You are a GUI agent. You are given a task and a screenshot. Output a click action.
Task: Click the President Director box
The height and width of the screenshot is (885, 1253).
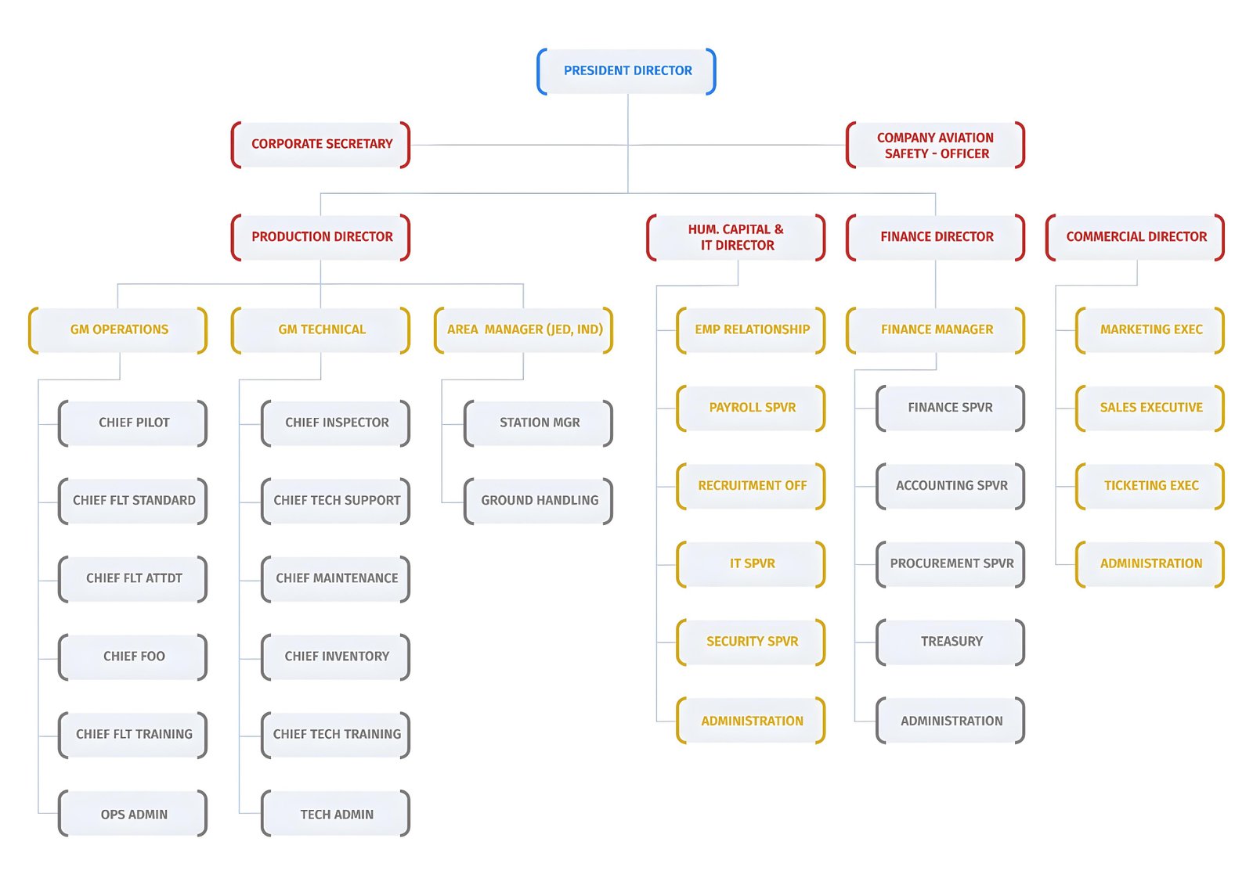[626, 71]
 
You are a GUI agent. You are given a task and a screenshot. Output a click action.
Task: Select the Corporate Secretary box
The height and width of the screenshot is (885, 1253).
[320, 144]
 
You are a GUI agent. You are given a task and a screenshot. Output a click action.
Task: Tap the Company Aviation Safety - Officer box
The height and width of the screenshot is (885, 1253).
[935, 145]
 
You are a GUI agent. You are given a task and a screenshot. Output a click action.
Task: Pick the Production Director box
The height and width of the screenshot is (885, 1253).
[320, 237]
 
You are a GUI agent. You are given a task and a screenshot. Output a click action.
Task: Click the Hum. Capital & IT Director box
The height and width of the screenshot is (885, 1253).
[735, 237]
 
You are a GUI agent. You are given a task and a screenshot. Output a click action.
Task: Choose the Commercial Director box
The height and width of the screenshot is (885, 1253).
[1135, 237]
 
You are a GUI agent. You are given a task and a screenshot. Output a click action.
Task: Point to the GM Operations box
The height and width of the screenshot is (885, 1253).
[118, 330]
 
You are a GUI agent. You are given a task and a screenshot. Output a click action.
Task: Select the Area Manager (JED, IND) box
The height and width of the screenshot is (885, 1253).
[524, 330]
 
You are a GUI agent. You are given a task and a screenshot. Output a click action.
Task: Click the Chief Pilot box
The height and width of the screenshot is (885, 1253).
[132, 423]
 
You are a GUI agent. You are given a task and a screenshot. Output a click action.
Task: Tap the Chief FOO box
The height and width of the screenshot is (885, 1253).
[132, 657]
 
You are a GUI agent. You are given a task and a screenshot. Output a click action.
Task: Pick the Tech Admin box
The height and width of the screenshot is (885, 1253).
[336, 813]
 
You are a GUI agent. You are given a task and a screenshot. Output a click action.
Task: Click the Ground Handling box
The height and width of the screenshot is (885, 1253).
[538, 501]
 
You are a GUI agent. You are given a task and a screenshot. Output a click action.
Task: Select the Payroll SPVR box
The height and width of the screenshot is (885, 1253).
[751, 408]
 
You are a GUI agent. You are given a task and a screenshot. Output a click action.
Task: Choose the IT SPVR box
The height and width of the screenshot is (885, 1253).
[751, 564]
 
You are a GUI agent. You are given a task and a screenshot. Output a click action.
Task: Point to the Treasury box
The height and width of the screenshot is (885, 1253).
[951, 642]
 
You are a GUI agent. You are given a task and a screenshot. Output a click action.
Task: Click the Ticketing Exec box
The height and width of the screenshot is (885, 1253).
[1150, 486]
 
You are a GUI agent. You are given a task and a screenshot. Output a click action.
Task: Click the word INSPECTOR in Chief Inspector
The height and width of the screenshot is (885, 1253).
[353, 423]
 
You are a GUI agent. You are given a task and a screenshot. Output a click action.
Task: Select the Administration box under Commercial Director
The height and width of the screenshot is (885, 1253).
[1150, 564]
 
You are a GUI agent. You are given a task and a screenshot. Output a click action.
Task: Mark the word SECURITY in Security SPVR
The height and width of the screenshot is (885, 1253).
[732, 641]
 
